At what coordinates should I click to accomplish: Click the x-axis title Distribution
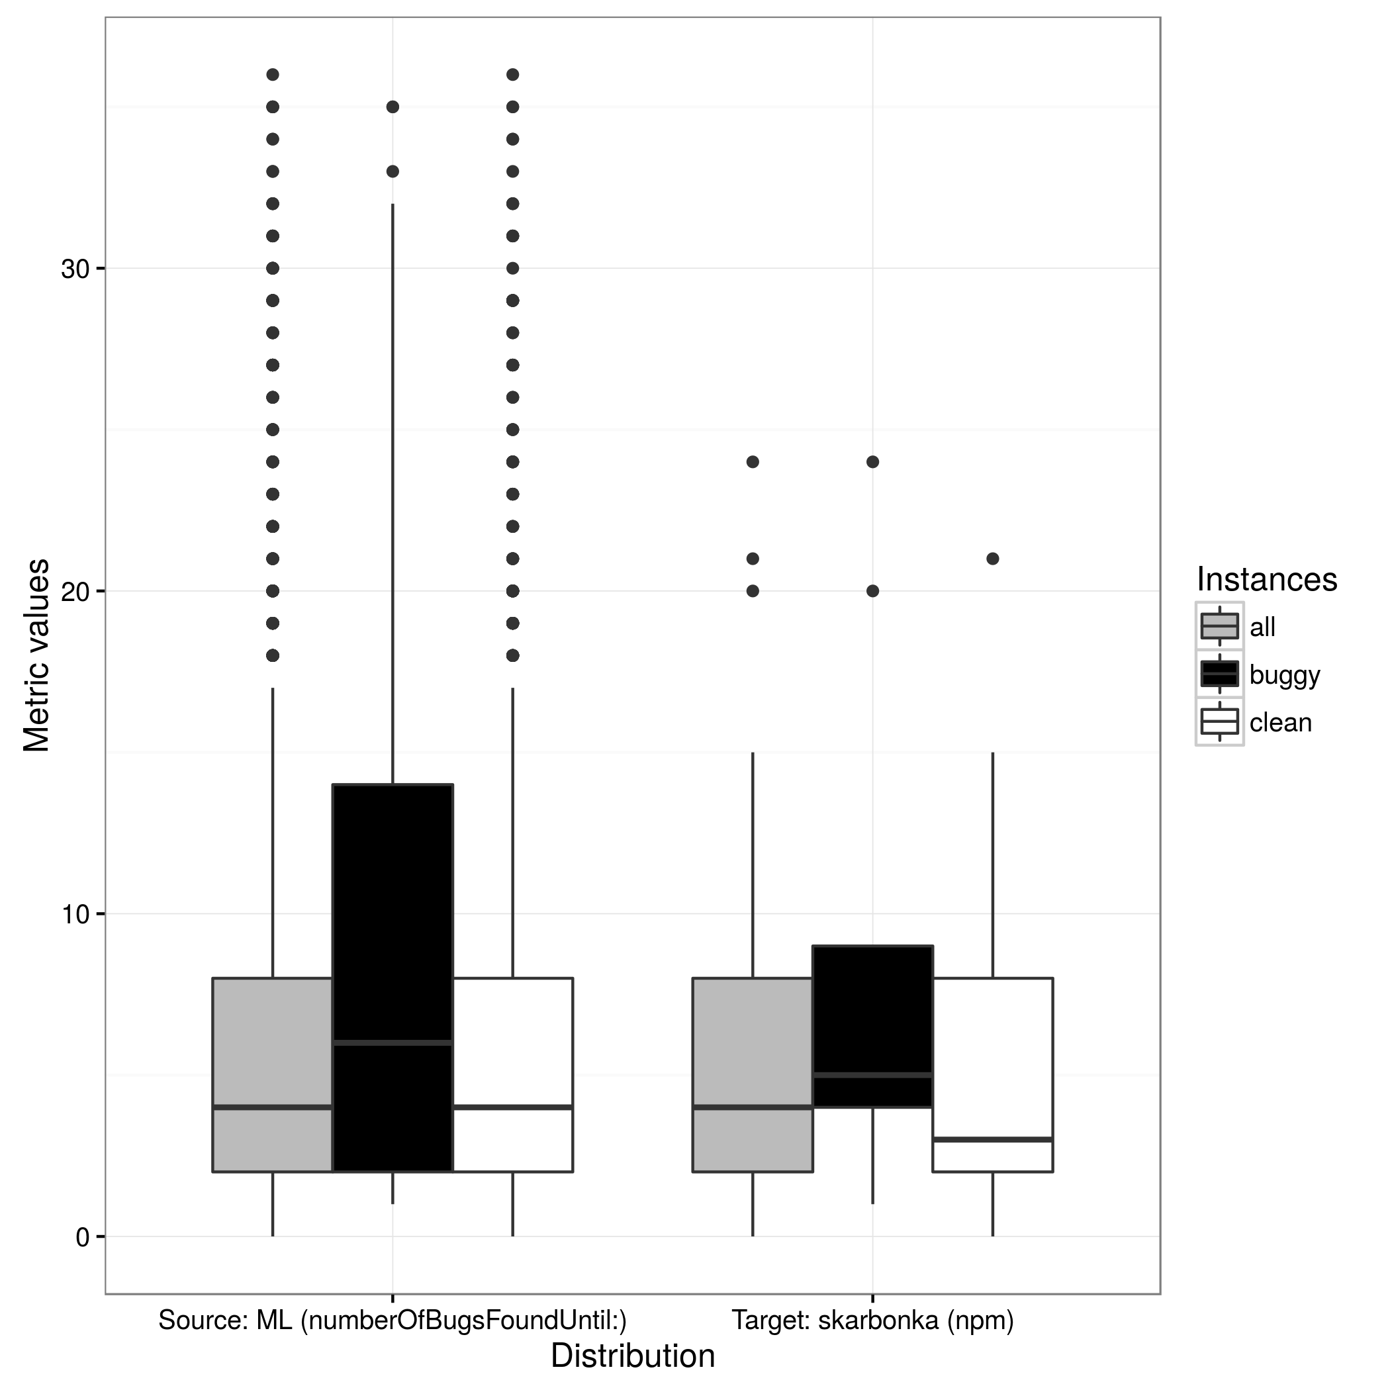(633, 1356)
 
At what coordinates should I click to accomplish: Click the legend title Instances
(1267, 579)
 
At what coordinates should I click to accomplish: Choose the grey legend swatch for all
(1219, 627)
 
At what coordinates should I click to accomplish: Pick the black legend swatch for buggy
(1219, 674)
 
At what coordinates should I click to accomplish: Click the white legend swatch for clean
(1219, 721)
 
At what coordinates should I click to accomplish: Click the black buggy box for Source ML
(393, 979)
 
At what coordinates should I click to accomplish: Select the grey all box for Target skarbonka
(753, 1076)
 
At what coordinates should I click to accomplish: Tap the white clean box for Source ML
(513, 1076)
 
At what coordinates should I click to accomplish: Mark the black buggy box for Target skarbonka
(872, 1027)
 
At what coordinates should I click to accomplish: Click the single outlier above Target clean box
(993, 559)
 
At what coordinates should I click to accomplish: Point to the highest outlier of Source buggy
(393, 107)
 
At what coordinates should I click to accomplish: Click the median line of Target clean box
(993, 1140)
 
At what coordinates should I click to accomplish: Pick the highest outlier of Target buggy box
(872, 462)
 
